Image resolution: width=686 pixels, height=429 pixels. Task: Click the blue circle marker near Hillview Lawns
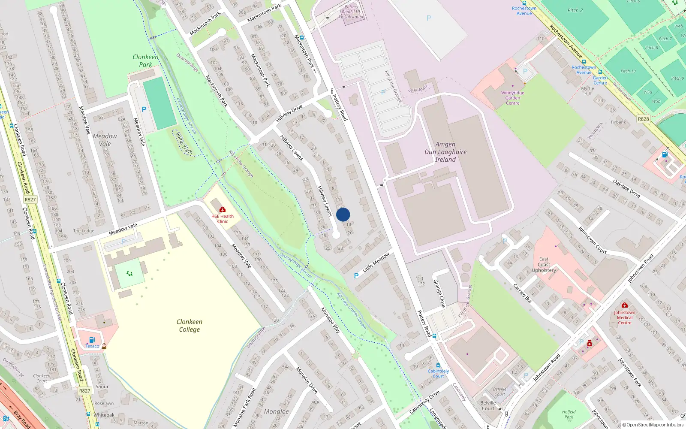click(343, 214)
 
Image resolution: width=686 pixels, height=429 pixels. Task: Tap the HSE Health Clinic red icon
click(223, 209)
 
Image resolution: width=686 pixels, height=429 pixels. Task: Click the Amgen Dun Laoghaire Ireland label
click(445, 152)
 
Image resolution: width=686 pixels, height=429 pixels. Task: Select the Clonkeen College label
click(189, 326)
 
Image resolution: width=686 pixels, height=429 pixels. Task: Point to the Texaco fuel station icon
click(92, 340)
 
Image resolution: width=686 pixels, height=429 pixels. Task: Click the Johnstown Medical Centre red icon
click(624, 305)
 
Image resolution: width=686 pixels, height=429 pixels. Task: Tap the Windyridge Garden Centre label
click(512, 98)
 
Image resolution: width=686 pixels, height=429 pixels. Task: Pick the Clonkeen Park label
click(145, 60)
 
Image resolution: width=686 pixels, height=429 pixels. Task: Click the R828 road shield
click(643, 119)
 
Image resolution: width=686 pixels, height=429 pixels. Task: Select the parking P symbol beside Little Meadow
click(356, 276)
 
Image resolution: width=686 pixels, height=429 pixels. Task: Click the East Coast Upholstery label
click(544, 265)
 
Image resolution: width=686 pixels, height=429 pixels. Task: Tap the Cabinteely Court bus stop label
click(438, 374)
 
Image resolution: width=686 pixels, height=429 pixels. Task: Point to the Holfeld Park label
click(569, 414)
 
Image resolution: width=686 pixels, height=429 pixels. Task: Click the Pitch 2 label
click(575, 10)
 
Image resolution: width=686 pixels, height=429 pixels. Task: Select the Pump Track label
click(184, 143)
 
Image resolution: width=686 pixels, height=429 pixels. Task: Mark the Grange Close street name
click(439, 293)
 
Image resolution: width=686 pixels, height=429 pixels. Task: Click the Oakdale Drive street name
click(626, 189)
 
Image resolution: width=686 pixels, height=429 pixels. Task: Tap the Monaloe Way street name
click(331, 320)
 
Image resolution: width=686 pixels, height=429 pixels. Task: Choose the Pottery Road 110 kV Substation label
click(352, 12)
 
